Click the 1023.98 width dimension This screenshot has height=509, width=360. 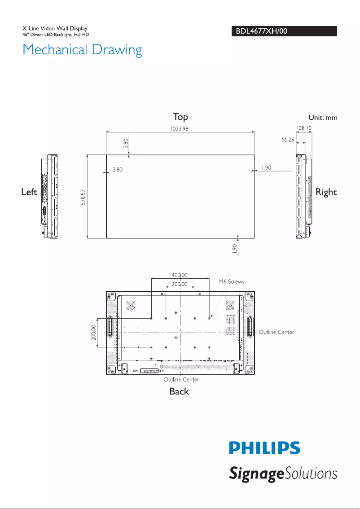tap(180, 128)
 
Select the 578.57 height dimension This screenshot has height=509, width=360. tap(83, 197)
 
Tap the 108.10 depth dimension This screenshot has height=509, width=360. tap(304, 128)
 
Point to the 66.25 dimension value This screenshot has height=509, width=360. tap(288, 140)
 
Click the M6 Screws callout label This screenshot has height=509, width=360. tap(231, 281)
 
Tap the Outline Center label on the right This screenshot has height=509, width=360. tap(277, 332)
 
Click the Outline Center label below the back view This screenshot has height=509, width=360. tap(181, 379)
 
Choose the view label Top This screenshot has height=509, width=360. tap(180, 117)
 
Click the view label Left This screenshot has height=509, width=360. tap(29, 192)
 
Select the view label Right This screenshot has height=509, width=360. tap(326, 192)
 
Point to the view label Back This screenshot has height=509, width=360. tap(179, 391)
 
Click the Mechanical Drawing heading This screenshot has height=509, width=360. tap(82, 49)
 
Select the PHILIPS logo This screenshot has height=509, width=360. tap(264, 448)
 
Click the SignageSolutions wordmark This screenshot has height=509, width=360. tap(283, 474)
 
